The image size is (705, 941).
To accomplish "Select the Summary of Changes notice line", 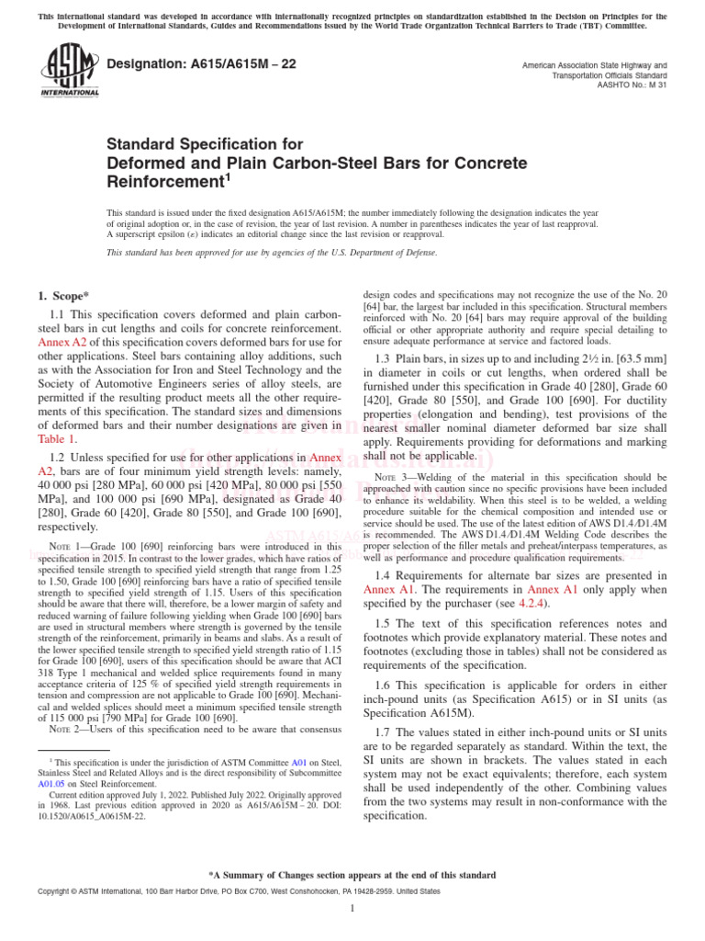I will point(352,875).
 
